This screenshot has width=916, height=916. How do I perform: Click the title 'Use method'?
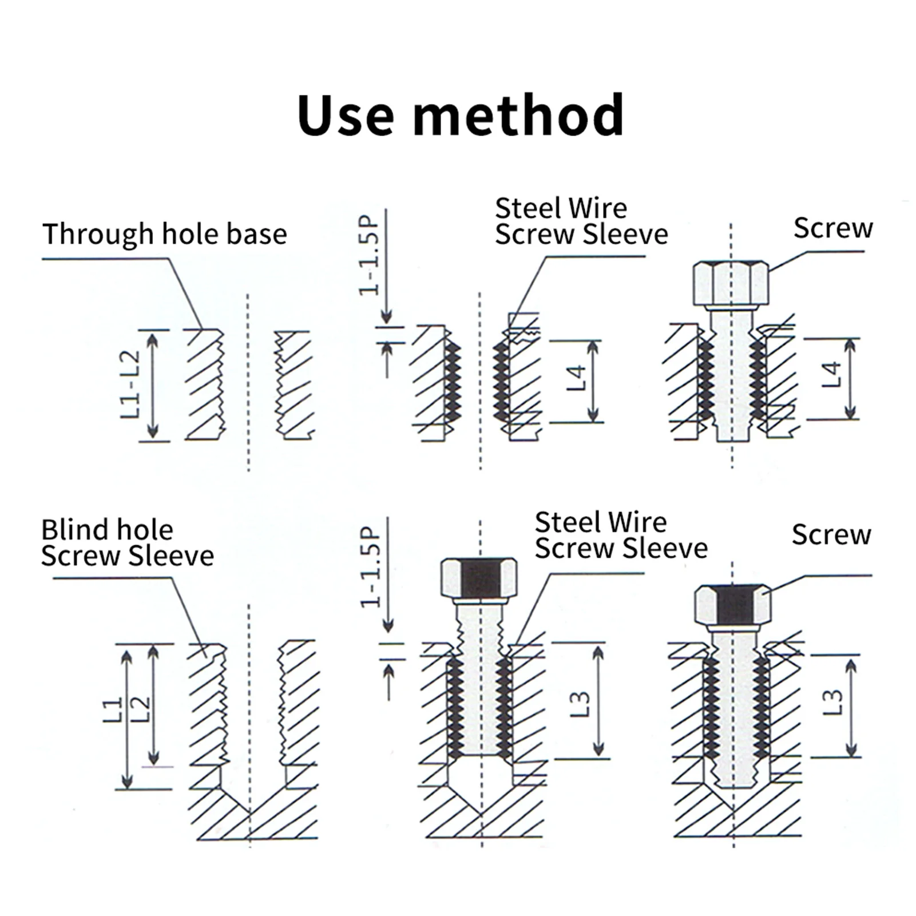click(460, 116)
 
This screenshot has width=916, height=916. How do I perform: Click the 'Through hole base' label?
click(165, 234)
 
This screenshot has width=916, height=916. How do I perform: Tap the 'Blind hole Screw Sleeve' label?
click(127, 542)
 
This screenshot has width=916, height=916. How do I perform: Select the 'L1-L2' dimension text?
click(130, 384)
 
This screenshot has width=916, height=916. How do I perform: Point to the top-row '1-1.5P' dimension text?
click(370, 255)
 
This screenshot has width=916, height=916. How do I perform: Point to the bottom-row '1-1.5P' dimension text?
click(371, 567)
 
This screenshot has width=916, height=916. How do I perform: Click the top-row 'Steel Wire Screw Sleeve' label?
click(581, 221)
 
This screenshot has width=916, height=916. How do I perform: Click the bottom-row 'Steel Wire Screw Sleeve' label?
click(621, 536)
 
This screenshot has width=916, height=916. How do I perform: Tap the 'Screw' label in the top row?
click(833, 228)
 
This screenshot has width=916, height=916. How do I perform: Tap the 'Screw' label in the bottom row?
click(831, 535)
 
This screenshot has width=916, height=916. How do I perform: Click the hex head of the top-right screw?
click(731, 283)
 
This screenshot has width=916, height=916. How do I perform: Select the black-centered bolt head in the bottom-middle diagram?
click(479, 578)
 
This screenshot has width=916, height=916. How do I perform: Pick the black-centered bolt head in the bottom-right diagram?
click(733, 605)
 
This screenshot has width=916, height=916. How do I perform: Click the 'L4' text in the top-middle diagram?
click(577, 378)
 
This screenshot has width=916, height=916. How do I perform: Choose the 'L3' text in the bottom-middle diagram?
click(580, 704)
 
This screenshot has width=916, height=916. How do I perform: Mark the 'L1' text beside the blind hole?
click(113, 710)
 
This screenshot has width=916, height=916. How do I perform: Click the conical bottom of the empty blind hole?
click(250, 801)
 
